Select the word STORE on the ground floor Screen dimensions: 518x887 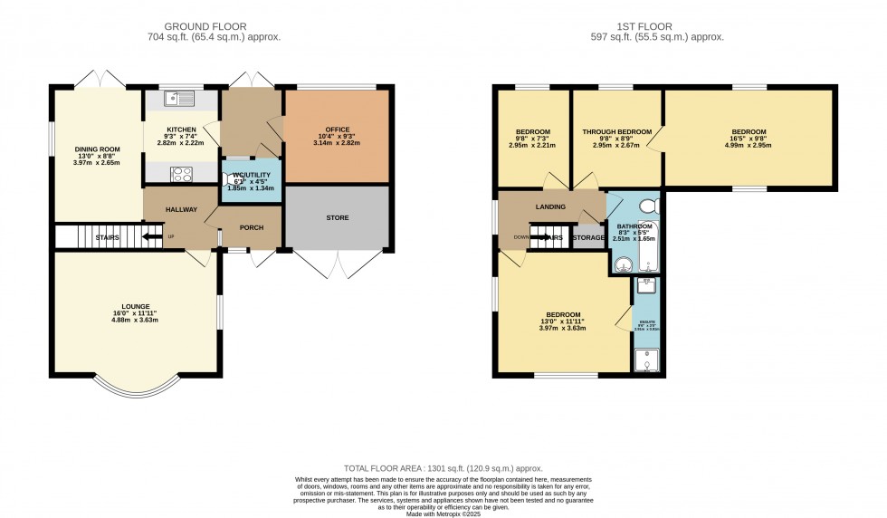pos(337,217)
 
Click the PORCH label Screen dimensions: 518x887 pos(252,227)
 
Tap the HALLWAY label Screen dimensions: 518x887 pos(181,210)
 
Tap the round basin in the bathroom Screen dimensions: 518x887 pos(623,264)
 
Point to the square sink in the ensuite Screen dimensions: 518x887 pos(646,286)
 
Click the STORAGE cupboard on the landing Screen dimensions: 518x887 pos(588,238)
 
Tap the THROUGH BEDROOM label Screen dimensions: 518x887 pos(616,132)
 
